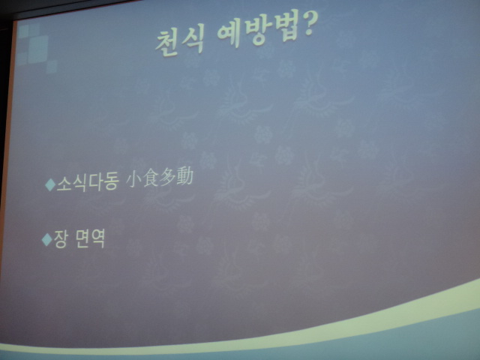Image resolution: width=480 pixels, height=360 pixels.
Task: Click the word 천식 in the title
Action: (180, 43)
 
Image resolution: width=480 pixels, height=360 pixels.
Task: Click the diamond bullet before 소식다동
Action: (50, 185)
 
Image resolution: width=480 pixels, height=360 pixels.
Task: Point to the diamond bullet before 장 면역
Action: (46, 239)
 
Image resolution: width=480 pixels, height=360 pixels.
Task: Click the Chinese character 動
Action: (184, 176)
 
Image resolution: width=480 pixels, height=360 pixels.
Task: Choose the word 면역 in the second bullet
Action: (90, 238)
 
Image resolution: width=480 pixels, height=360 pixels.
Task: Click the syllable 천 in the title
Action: (167, 44)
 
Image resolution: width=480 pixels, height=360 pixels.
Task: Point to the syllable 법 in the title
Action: (286, 28)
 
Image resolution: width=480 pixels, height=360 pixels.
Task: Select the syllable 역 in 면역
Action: (98, 238)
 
